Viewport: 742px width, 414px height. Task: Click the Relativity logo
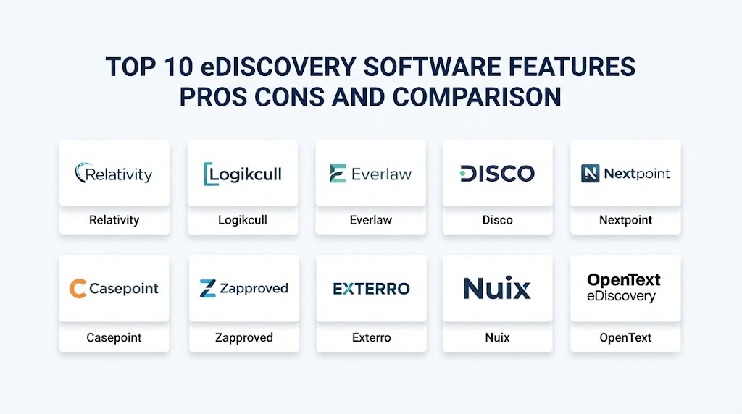pos(114,174)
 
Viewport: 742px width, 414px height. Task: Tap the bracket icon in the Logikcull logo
pos(207,174)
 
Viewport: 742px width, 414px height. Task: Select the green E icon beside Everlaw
pos(338,174)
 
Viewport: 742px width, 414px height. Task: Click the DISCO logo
pos(497,174)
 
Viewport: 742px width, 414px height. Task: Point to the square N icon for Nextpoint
pos(590,174)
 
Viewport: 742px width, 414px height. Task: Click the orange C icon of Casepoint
pos(78,288)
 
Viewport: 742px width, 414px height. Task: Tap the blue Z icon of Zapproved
pos(208,288)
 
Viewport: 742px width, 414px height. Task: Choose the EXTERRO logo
pos(371,289)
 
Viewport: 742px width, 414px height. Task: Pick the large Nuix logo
pos(497,288)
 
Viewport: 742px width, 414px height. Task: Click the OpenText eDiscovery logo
pos(624,287)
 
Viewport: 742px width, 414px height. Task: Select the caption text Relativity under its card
pos(114,220)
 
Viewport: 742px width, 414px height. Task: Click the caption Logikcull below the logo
pos(242,220)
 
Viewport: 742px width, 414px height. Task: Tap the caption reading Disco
pos(497,220)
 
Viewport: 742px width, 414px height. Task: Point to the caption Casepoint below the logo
pos(114,337)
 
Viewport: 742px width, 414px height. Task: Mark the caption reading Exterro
pos(372,337)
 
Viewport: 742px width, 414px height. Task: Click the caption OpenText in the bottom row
pos(625,337)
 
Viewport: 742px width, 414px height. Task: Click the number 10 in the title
pos(179,66)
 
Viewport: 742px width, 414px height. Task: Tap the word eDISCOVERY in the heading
pos(278,66)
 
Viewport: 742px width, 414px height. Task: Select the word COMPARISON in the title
pos(477,97)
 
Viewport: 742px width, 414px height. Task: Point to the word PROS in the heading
pos(213,97)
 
